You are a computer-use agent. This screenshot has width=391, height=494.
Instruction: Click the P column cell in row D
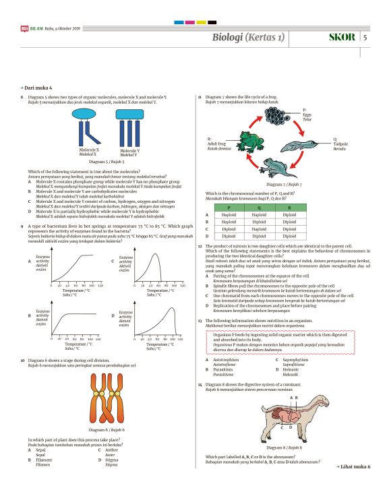[x=228, y=237]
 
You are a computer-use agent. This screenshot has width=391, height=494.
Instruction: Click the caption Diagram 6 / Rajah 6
[x=107, y=429]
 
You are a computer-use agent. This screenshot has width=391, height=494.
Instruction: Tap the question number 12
[x=200, y=247]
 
